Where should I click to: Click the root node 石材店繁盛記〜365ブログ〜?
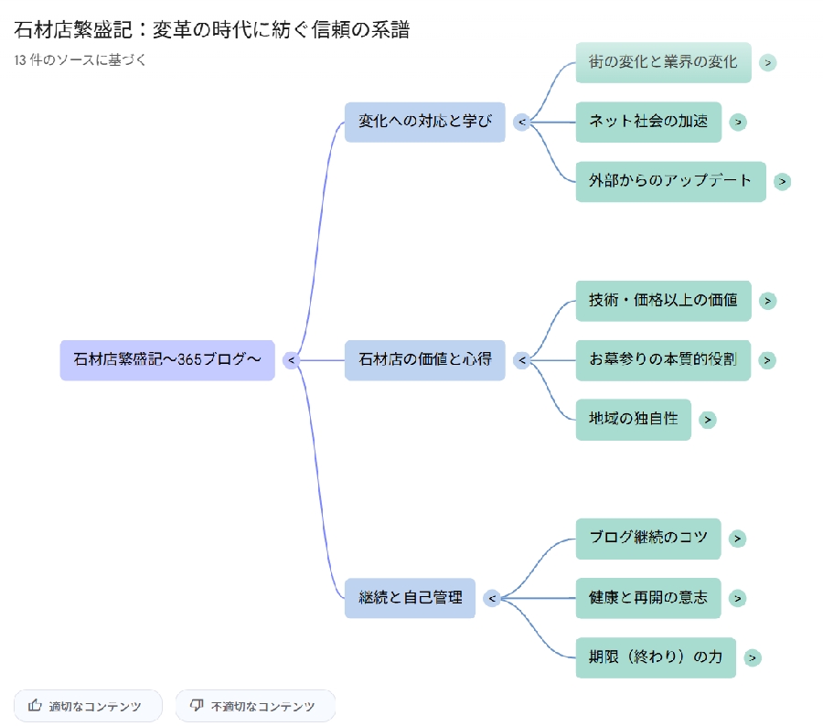(x=167, y=360)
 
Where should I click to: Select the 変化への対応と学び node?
(x=424, y=122)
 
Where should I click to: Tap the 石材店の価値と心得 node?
(x=424, y=360)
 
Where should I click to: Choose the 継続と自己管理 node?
(x=410, y=598)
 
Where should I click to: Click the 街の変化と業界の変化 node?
(x=663, y=62)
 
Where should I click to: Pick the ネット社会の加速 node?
(x=648, y=122)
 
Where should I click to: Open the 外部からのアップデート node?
(x=670, y=181)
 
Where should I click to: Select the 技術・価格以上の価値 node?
(x=663, y=301)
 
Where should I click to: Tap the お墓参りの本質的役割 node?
(x=663, y=360)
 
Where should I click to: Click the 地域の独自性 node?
(x=633, y=420)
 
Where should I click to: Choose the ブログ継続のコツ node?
(x=648, y=539)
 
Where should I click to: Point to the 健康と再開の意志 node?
(x=648, y=598)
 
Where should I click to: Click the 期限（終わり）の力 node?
(x=656, y=657)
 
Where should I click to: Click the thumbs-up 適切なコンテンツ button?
(x=88, y=706)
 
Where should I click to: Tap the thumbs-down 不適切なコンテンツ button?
(x=255, y=706)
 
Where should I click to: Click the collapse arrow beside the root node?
(x=292, y=360)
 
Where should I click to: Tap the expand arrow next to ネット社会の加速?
(x=738, y=122)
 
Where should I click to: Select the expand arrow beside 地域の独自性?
(x=708, y=420)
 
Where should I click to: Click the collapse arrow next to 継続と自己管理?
(x=492, y=598)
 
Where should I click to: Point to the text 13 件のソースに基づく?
(x=80, y=60)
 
